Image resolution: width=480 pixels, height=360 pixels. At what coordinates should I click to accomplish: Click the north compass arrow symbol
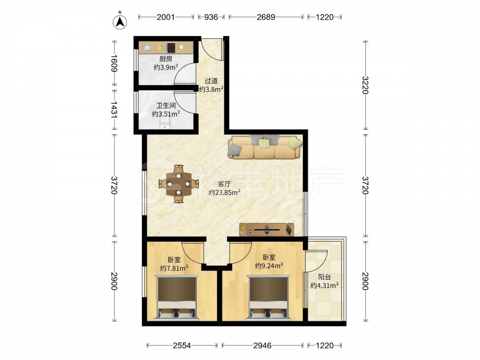[120, 22]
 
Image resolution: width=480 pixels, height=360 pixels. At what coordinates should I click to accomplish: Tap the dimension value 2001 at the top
[166, 17]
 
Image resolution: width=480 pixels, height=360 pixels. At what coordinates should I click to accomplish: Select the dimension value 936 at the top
[211, 17]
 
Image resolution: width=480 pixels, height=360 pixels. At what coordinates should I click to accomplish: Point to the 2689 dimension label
[266, 17]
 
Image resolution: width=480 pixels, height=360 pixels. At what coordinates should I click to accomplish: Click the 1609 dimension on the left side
[114, 63]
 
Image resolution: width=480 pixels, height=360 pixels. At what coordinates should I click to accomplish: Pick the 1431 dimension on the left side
[114, 109]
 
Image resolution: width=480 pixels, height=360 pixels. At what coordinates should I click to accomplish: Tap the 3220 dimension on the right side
[365, 85]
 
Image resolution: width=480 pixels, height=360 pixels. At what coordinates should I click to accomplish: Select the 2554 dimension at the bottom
[182, 346]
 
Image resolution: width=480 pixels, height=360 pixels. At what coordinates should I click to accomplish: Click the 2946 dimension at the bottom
[263, 346]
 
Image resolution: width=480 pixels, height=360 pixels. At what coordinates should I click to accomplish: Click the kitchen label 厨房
[166, 59]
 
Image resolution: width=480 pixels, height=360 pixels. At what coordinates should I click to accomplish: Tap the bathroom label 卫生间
[166, 106]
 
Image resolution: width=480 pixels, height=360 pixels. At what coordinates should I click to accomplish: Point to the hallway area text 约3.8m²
[211, 89]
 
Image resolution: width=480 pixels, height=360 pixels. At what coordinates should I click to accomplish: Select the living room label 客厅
[224, 184]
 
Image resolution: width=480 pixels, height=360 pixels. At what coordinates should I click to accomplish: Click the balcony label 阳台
[324, 277]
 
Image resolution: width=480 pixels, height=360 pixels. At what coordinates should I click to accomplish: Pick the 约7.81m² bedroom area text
[174, 268]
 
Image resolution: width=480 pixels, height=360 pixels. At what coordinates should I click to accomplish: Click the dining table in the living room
[179, 184]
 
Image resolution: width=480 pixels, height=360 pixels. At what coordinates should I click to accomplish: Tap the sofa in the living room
[265, 147]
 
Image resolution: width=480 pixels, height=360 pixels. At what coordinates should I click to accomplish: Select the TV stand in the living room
[266, 229]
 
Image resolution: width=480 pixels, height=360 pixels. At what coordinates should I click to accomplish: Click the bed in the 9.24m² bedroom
[268, 298]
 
